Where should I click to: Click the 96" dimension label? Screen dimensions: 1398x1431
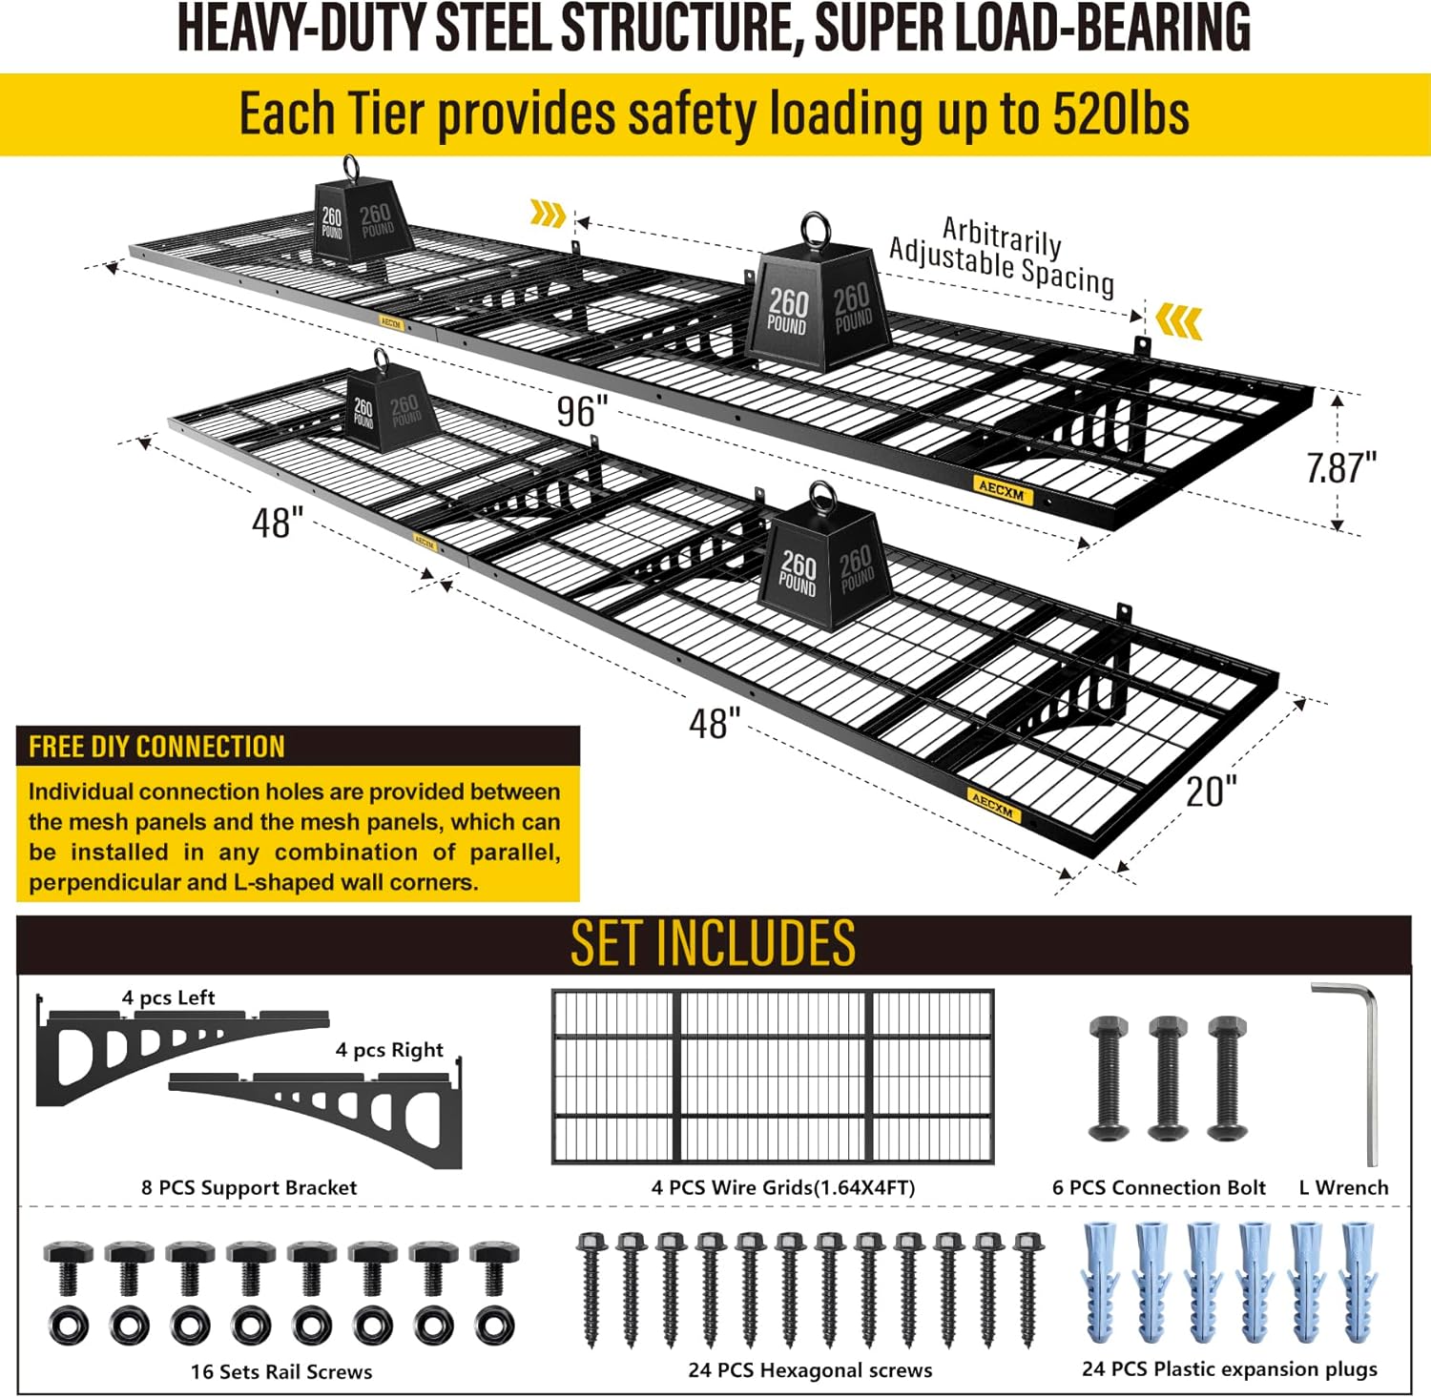[x=582, y=412]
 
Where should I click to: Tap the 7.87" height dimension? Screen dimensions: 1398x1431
[x=1341, y=467]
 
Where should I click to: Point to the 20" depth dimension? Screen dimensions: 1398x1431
[x=1211, y=791]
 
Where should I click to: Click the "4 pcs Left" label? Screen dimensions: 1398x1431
[x=168, y=997]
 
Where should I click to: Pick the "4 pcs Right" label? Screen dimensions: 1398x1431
[x=389, y=1050]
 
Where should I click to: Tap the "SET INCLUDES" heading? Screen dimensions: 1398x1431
[x=713, y=943]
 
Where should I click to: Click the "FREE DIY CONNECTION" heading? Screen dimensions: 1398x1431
[x=156, y=747]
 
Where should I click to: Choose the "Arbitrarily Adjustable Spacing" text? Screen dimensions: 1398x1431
[x=1002, y=255]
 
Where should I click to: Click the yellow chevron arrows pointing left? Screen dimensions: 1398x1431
[x=1179, y=321]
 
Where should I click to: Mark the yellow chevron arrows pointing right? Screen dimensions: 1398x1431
[x=548, y=215]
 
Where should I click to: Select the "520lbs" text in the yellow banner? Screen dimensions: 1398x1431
[x=1120, y=114]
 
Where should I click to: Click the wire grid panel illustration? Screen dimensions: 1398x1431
[x=773, y=1077]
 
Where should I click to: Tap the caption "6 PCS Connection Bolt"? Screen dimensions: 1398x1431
[x=1158, y=1187]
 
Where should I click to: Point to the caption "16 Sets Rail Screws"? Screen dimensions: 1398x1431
[x=281, y=1371]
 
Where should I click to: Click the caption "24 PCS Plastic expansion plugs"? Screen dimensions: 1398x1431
[x=1229, y=1368]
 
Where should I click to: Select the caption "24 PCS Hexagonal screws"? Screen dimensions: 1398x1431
[x=810, y=1370]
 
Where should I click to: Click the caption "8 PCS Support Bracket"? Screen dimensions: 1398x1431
[x=249, y=1187]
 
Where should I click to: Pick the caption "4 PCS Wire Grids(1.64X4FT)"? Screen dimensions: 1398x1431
[x=782, y=1187]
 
